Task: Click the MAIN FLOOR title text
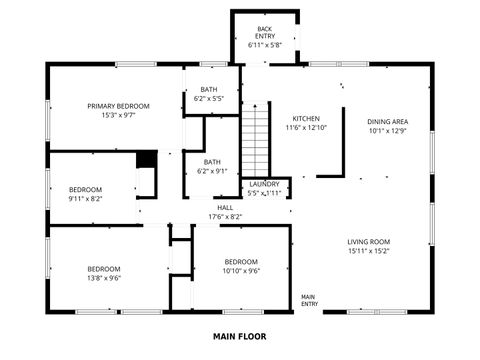click(240, 337)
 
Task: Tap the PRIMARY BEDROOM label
click(118, 106)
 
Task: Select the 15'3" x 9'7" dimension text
click(118, 115)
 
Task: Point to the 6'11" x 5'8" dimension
click(265, 45)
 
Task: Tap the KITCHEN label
click(306, 118)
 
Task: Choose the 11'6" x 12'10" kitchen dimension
click(306, 127)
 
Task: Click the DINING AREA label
click(387, 121)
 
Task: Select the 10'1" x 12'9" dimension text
click(387, 130)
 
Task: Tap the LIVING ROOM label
click(368, 242)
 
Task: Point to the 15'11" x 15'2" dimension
click(368, 251)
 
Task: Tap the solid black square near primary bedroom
click(147, 159)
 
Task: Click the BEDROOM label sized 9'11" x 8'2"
click(85, 190)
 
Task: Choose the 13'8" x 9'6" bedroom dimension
click(103, 279)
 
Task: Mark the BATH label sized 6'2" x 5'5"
click(208, 89)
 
